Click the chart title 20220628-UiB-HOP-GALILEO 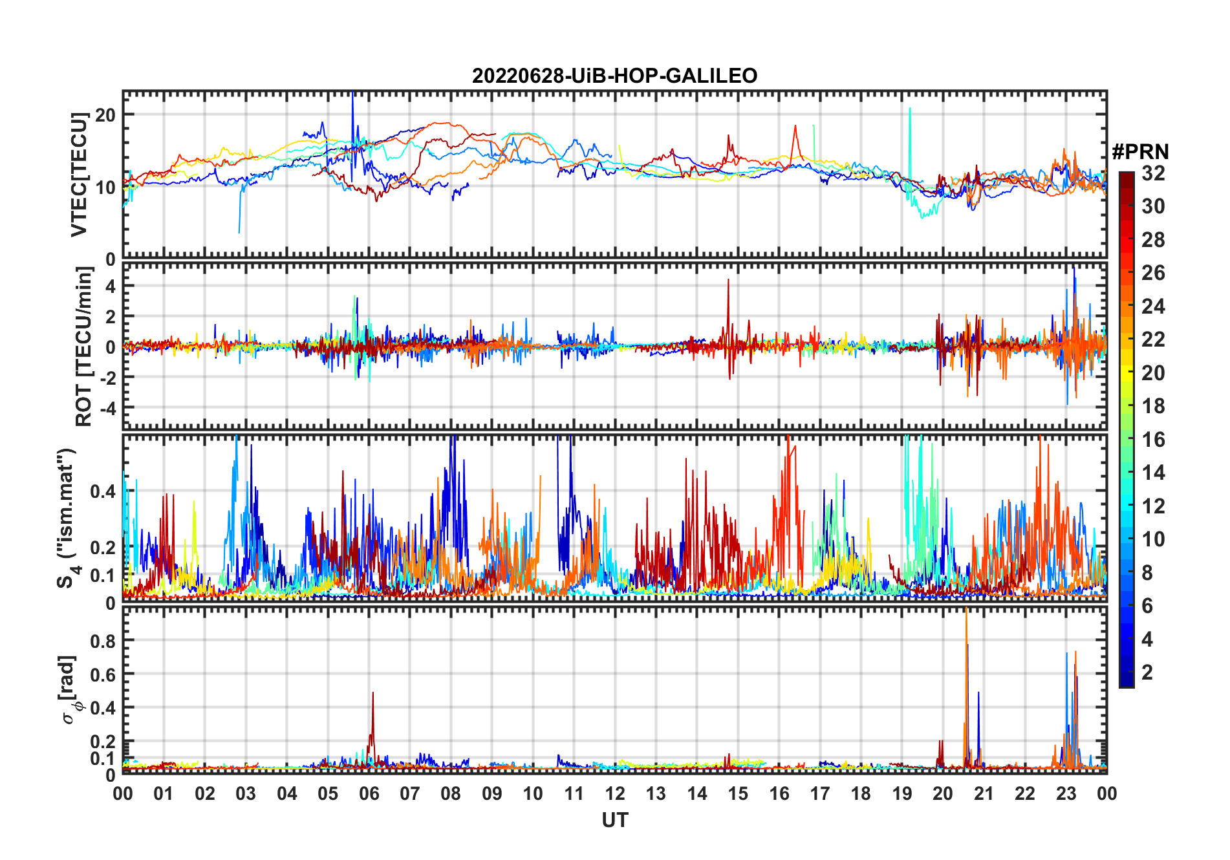point(614,76)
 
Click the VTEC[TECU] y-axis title point(79,175)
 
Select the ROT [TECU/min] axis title point(84,346)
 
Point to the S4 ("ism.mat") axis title point(67,517)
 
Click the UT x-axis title point(614,820)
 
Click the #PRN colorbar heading point(1140,152)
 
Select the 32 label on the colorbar point(1153,173)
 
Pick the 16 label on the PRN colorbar point(1153,440)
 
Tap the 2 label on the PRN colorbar point(1147,672)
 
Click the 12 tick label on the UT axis point(614,793)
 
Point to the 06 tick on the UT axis point(369,793)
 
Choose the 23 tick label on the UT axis point(1065,793)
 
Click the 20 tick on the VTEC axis point(105,115)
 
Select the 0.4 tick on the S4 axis point(103,491)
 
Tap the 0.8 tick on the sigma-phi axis point(103,641)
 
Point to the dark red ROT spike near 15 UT point(728,281)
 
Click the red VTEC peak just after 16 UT point(795,127)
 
